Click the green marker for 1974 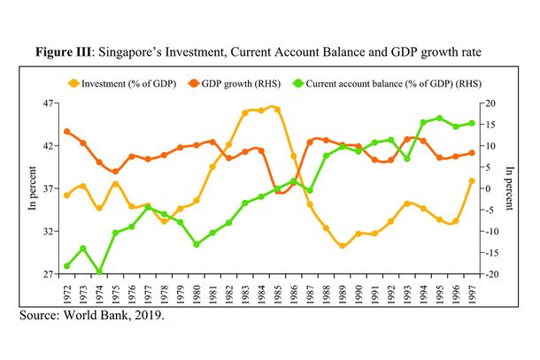click(99, 272)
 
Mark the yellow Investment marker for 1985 click(277, 110)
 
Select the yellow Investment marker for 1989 click(342, 246)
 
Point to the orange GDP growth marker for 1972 click(67, 132)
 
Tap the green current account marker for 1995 click(439, 118)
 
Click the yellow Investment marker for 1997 click(472, 181)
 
